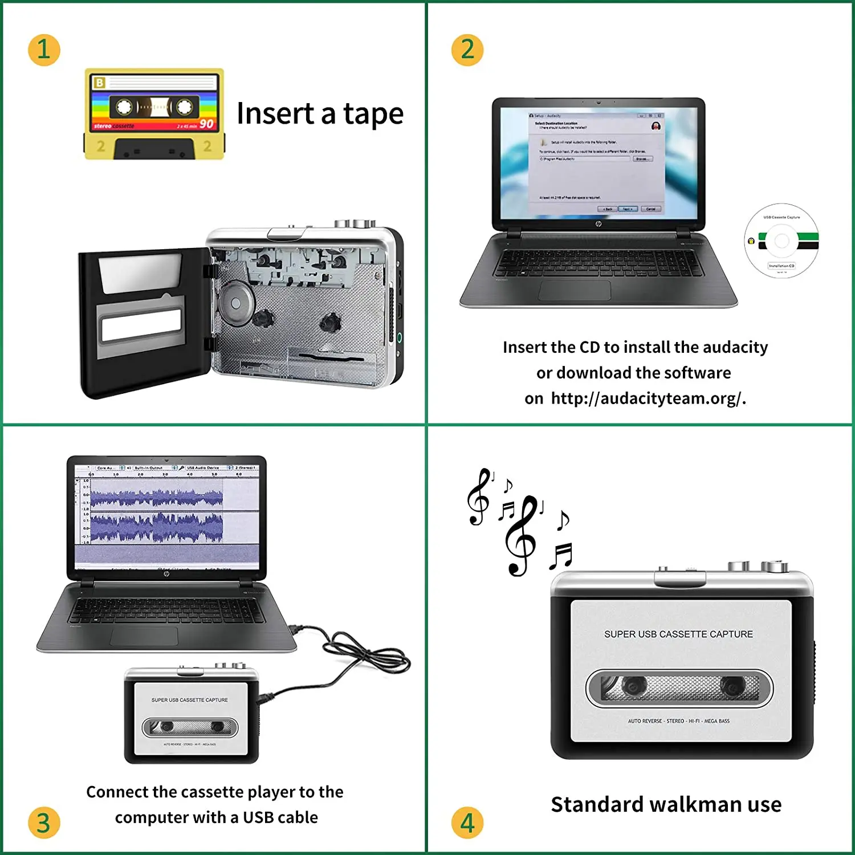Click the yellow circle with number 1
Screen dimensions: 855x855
(44, 50)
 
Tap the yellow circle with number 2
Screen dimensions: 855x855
(467, 50)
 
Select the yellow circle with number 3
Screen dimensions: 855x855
(44, 823)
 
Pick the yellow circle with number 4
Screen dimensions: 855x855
(467, 823)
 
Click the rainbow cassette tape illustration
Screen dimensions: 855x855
(154, 114)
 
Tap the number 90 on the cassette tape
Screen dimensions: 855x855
(206, 124)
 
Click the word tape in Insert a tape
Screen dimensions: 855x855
(373, 114)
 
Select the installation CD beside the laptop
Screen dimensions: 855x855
(781, 241)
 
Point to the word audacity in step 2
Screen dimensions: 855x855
(735, 347)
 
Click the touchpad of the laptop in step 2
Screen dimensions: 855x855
(575, 290)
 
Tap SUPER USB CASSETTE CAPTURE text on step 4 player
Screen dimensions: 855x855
(678, 634)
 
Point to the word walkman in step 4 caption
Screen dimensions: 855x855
(695, 804)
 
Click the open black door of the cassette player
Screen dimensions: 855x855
(142, 322)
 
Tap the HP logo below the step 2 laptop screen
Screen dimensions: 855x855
(598, 224)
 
